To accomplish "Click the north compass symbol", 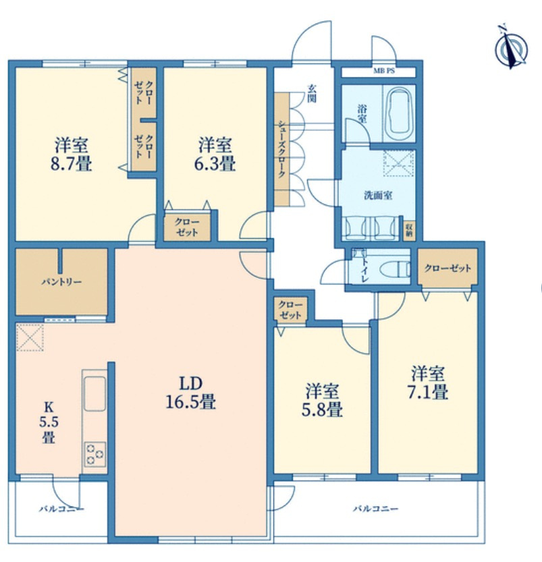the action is (511, 48).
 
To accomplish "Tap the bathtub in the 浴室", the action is (400, 113).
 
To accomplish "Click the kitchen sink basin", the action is (94, 393).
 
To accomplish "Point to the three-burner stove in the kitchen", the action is (94, 455).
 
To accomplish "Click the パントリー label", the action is (61, 282).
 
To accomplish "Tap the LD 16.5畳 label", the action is (190, 393).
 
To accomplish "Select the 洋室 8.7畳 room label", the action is (72, 154).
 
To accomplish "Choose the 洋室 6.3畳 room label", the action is (215, 154).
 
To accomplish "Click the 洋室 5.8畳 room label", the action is (322, 400).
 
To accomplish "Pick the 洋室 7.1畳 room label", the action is (428, 383).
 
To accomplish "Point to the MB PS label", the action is (384, 71).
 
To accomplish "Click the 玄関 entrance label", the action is (313, 94).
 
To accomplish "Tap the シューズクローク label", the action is (281, 149).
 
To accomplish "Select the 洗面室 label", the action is (378, 196).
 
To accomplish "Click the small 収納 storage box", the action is (409, 229).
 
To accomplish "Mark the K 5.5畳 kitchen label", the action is (49, 422).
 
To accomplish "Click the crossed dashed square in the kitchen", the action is (30, 337).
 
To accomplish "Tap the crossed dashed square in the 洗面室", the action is (399, 163).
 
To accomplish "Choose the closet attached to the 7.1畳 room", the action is (448, 267).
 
